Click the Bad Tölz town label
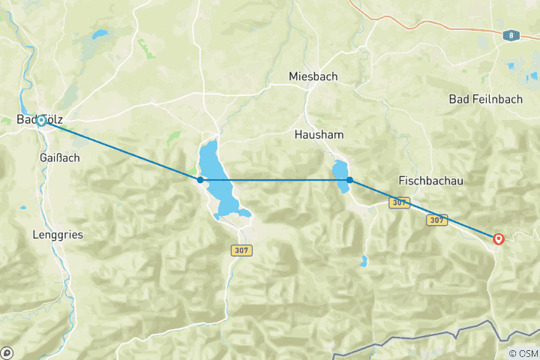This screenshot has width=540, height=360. (x=40, y=120)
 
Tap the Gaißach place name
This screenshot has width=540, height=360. (x=58, y=158)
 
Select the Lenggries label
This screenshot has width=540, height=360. (x=58, y=235)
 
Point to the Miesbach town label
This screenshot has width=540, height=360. (x=313, y=76)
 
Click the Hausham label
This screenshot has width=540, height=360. (x=319, y=135)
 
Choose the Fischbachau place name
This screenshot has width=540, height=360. (x=430, y=181)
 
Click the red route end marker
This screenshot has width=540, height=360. (x=499, y=239)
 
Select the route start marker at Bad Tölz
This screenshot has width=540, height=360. (x=41, y=120)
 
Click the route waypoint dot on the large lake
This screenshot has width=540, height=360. (x=200, y=180)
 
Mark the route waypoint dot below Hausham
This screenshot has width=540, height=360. (x=350, y=180)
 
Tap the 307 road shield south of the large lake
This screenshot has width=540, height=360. (x=240, y=251)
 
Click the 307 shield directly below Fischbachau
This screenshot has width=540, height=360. (x=399, y=203)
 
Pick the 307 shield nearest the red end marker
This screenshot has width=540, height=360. (x=436, y=220)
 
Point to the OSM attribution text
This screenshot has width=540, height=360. (x=523, y=354)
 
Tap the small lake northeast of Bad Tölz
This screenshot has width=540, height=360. (x=99, y=34)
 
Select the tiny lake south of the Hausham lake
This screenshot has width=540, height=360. (x=364, y=262)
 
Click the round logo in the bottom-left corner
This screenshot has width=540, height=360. (x=7, y=352)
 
